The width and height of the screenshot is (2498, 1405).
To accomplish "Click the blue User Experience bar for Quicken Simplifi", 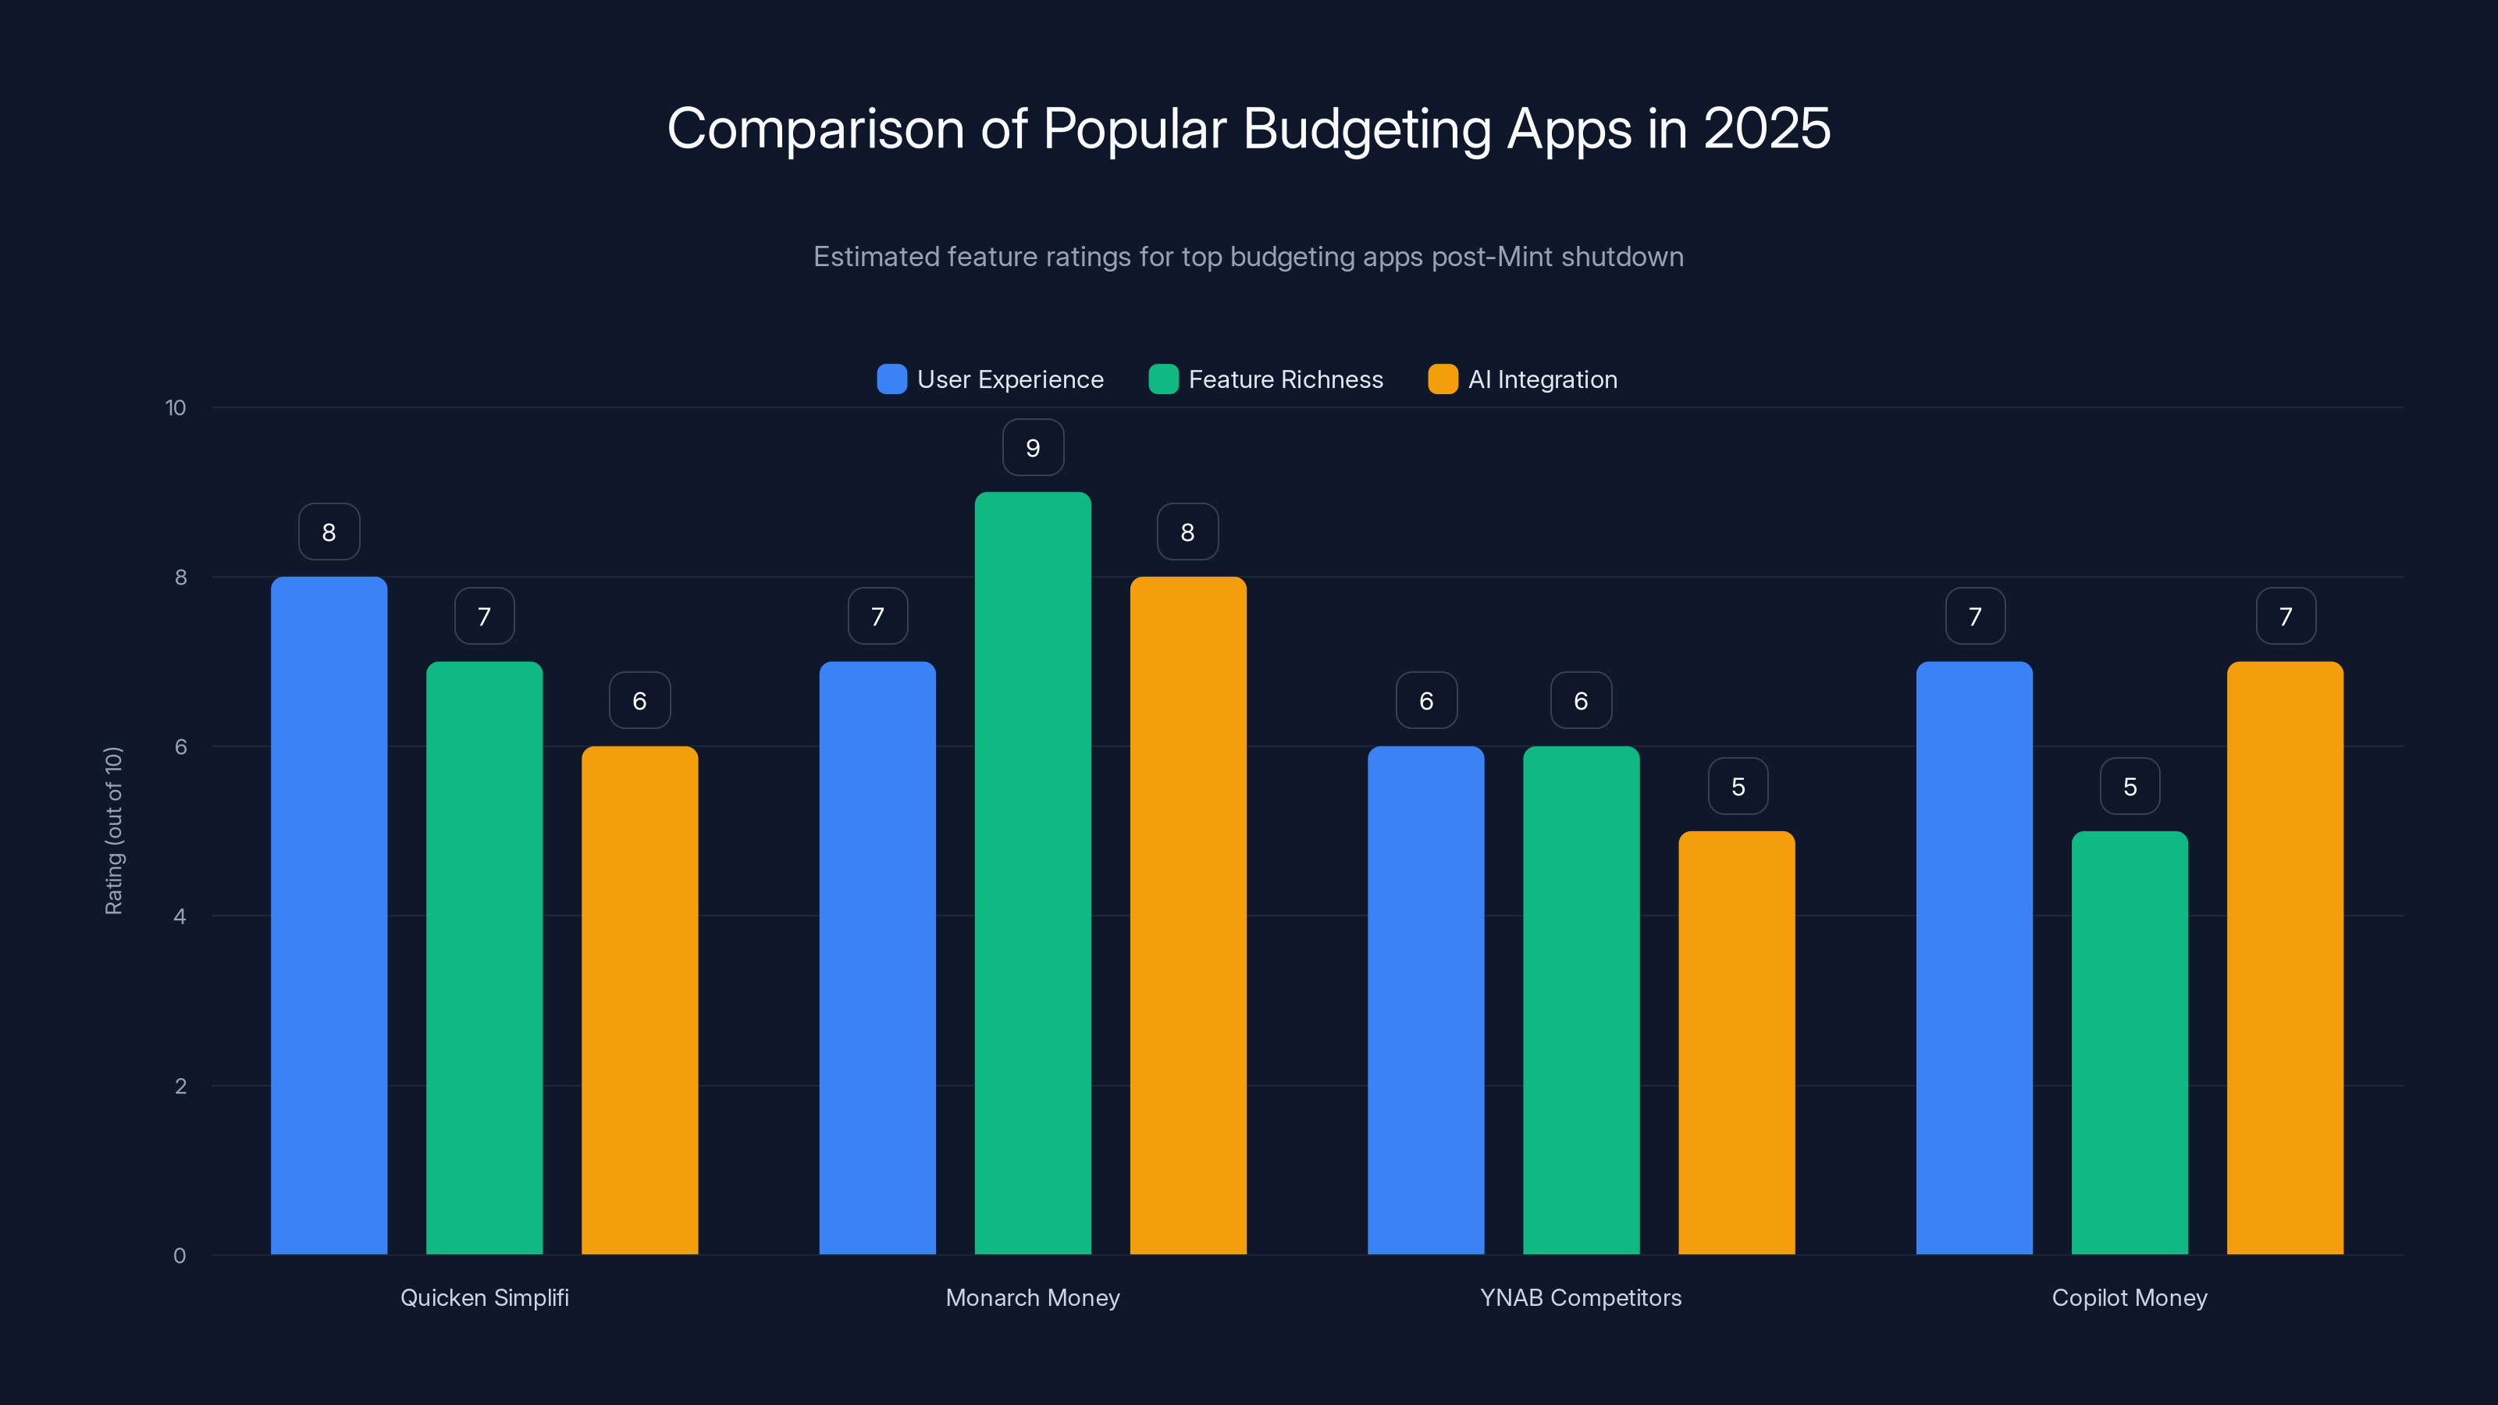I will click(329, 916).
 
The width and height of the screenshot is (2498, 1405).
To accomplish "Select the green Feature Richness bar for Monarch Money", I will click(1033, 873).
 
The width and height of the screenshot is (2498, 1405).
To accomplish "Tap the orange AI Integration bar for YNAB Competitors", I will click(1737, 1042).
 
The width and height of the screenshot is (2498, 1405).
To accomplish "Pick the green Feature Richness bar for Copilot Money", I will click(2130, 1042).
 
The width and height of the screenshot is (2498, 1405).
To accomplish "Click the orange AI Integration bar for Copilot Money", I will click(2285, 958).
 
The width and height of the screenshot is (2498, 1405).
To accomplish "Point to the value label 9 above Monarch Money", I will click(1033, 448).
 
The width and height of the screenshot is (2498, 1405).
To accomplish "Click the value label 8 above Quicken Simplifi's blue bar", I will click(329, 532).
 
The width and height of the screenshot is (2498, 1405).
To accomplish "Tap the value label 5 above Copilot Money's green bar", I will click(2130, 786).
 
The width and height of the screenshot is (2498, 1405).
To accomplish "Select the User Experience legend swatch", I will click(891, 379).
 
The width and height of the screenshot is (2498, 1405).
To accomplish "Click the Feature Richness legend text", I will click(1286, 379).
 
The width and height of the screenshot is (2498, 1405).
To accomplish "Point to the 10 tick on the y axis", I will click(176, 407).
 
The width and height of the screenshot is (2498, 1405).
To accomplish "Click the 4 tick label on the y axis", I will click(180, 916).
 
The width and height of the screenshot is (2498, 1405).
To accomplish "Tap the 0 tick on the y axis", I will click(180, 1256).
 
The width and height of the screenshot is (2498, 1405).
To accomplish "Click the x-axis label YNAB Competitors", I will click(1581, 1297).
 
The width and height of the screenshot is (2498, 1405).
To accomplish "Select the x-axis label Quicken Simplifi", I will click(484, 1297).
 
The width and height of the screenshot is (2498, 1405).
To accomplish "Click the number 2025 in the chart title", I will click(1766, 129).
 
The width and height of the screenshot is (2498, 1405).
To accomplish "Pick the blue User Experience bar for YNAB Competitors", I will click(1425, 1000).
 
